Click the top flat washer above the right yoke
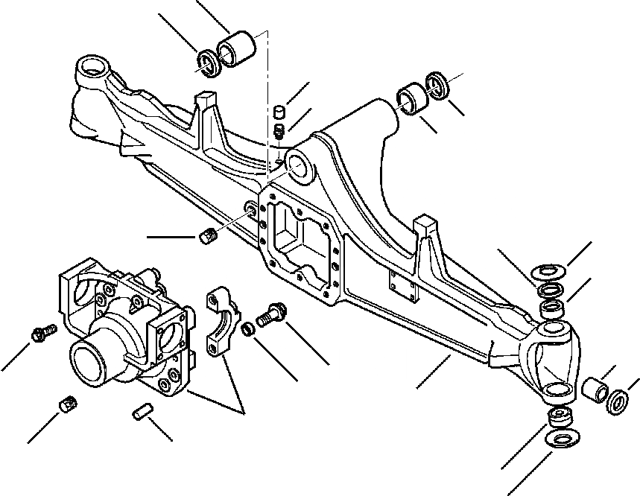(549, 272)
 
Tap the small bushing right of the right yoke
(596, 389)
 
